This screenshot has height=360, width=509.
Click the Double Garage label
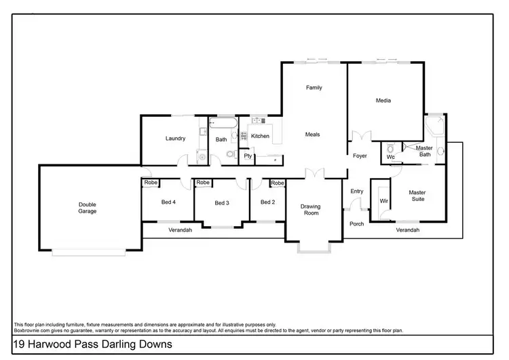click(x=87, y=208)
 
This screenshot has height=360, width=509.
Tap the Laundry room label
click(x=175, y=139)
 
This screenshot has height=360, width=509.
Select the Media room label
click(x=384, y=101)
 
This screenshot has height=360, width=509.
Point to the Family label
click(x=314, y=88)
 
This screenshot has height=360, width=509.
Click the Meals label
click(x=312, y=134)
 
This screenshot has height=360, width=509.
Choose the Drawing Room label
click(x=311, y=210)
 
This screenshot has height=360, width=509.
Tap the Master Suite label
click(x=417, y=196)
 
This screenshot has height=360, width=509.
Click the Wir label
click(x=383, y=202)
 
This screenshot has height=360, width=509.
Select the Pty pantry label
click(x=248, y=156)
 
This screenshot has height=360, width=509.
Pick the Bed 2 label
click(x=267, y=202)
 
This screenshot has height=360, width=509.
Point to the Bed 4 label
click(x=168, y=202)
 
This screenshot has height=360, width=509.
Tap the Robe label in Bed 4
click(x=150, y=183)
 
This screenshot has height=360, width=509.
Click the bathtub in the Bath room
click(x=223, y=124)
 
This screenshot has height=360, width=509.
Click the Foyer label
click(x=360, y=156)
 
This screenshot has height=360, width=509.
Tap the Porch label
click(x=356, y=224)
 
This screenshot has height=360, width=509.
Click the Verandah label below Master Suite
click(x=408, y=231)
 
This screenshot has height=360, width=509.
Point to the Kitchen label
click(x=260, y=137)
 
